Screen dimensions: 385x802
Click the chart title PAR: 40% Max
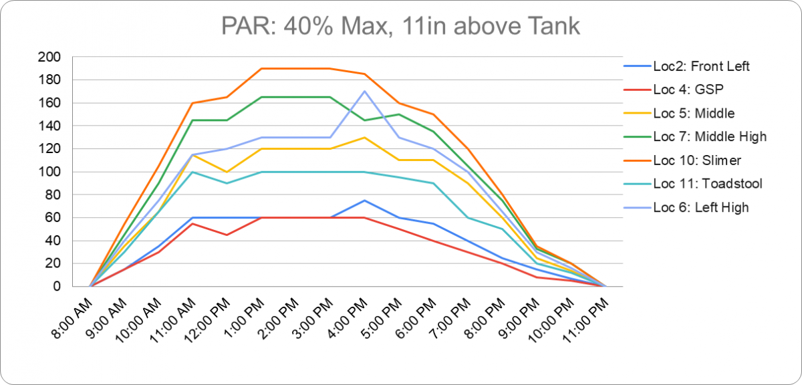[x=400, y=26]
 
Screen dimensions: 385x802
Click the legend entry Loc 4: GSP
[x=688, y=90]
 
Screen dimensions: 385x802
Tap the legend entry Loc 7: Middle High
[x=709, y=136]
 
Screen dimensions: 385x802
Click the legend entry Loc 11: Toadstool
[x=706, y=184]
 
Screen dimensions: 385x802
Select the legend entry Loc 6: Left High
[x=700, y=207]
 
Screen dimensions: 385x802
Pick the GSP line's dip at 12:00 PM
[x=227, y=235]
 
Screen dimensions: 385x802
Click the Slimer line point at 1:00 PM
[x=261, y=69]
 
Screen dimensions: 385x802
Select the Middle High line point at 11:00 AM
[x=192, y=120]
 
